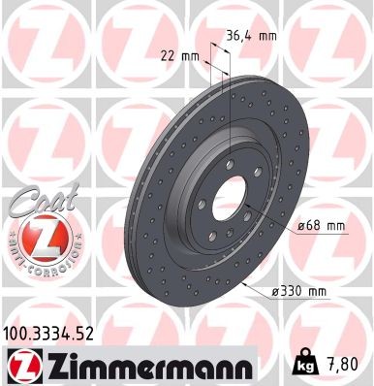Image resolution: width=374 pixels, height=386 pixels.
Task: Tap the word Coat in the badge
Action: click(33, 202)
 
